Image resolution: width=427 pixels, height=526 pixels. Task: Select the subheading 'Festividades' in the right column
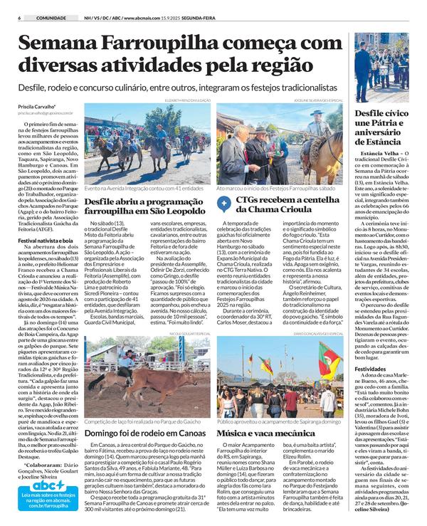pyautogui.click(x=374, y=370)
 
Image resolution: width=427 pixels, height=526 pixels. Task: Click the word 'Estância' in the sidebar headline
pyautogui.click(x=386, y=142)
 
